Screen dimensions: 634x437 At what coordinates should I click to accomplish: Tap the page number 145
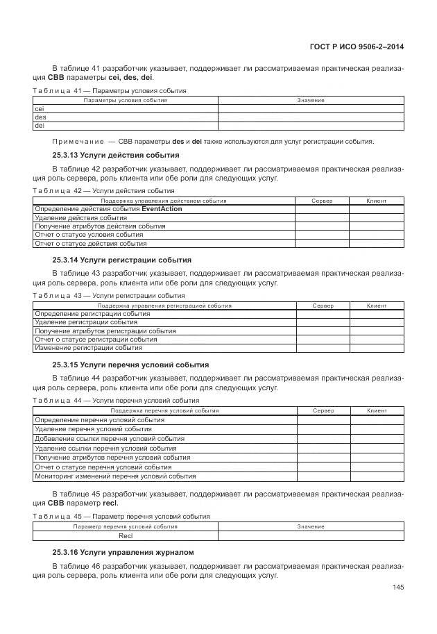point(397,587)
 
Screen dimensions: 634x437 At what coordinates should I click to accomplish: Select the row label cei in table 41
point(40,109)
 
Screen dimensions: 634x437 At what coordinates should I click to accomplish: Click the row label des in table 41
point(40,117)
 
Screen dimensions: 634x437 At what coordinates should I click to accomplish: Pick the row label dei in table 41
point(40,126)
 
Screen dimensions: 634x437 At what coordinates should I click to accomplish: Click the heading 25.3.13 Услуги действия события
point(116,155)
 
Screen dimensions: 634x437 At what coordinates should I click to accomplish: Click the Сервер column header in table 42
point(322,201)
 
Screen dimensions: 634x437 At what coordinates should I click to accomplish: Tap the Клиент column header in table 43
point(377,306)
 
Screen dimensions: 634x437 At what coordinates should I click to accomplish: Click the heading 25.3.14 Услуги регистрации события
point(121,260)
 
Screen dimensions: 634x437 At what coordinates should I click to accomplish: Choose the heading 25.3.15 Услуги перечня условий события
point(130,365)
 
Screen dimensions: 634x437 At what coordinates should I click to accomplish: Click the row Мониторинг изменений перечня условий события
point(115,476)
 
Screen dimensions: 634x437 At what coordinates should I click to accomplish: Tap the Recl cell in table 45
point(126,536)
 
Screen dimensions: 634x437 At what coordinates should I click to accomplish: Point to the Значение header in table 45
point(311,527)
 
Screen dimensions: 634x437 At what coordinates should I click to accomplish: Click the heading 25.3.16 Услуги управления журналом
point(123,552)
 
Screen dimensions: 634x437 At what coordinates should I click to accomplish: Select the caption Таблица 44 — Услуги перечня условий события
point(116,401)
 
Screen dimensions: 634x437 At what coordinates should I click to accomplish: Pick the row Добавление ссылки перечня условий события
point(110,439)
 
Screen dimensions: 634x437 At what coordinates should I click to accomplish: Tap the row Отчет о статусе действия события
point(90,244)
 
